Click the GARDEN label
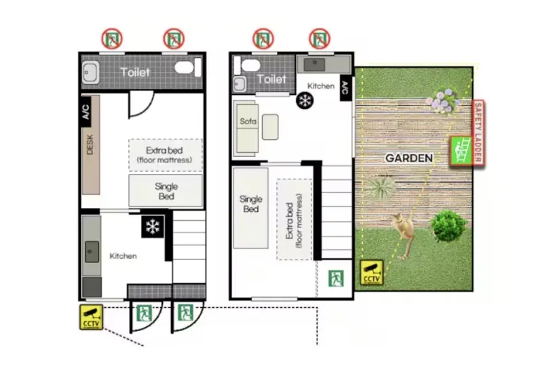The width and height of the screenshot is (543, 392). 409,158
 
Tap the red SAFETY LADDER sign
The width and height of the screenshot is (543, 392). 479,132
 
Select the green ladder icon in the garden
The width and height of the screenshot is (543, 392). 462,151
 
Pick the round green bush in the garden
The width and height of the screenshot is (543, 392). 448,226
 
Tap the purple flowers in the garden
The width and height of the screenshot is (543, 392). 444,101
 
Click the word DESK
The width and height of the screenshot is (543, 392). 90,145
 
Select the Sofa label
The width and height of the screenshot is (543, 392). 248,122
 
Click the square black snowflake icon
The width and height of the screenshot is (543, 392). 153,227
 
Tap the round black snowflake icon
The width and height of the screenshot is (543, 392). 305,101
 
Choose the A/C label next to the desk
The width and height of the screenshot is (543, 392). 86,111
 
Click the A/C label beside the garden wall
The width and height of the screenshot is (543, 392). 345,88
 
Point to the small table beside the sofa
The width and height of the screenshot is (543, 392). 270,127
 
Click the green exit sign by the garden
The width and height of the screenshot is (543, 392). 336,279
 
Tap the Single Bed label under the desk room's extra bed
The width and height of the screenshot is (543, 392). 166,192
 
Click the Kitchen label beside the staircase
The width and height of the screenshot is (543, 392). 123,256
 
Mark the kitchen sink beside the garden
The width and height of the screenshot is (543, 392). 314,64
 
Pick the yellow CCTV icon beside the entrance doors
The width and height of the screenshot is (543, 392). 92,317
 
